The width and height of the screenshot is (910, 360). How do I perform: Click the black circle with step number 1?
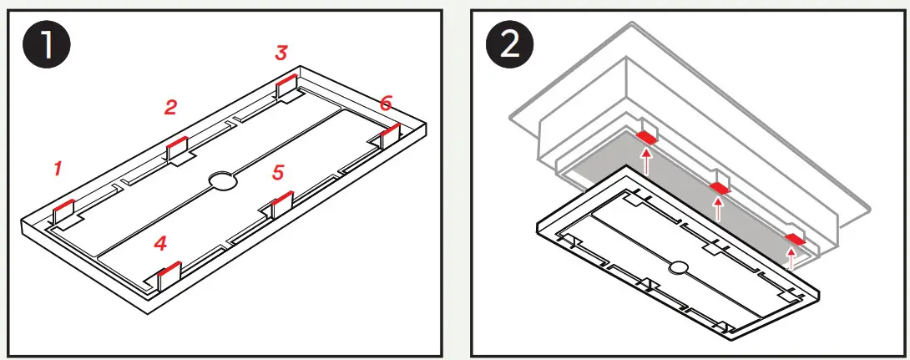coord(46,46)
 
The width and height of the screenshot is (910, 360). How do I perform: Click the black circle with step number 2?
coord(510,46)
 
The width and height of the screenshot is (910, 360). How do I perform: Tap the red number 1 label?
coord(58,169)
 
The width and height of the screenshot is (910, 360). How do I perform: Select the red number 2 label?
coord(170,107)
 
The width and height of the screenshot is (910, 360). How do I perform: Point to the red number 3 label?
coord(281,53)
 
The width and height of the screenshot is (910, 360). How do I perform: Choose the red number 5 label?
coord(279,173)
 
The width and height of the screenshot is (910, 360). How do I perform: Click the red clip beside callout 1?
coord(64,205)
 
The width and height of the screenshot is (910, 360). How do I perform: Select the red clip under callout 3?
coord(286,79)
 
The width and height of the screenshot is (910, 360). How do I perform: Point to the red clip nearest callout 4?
coord(169,269)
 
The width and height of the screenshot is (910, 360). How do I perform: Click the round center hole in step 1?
coord(222,180)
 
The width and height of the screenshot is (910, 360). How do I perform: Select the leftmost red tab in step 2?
coord(646,135)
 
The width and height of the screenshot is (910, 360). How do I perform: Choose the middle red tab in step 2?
coord(718,187)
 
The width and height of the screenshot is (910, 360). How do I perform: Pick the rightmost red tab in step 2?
coord(794,240)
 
